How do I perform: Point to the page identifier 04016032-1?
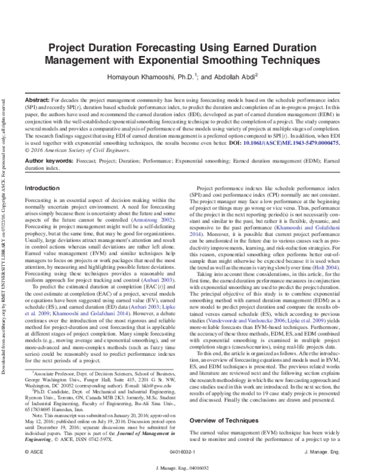(184, 453)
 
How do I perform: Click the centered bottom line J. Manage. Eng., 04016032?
(183, 467)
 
